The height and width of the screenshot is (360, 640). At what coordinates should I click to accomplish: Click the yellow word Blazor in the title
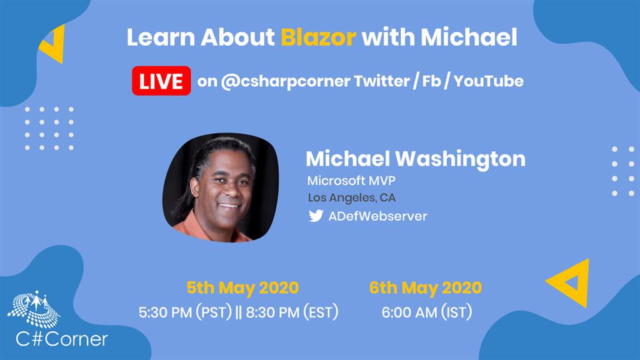click(318, 37)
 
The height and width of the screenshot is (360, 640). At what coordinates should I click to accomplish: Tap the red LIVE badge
click(161, 81)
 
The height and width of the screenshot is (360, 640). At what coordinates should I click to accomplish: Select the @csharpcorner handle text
click(285, 81)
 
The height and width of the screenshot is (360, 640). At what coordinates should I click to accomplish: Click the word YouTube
click(489, 81)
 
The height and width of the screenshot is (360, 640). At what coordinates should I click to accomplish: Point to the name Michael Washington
click(416, 159)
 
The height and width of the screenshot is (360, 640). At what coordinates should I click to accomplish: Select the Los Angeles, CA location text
click(351, 198)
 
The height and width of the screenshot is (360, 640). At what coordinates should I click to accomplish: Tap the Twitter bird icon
click(316, 216)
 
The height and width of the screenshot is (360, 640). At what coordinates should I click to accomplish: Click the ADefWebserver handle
click(377, 216)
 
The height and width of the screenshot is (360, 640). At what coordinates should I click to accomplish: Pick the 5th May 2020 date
click(242, 288)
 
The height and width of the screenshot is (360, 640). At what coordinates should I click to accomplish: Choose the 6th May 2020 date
click(425, 288)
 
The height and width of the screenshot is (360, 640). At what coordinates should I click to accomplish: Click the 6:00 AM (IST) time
click(426, 312)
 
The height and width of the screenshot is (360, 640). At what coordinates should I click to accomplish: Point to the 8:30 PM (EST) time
click(292, 312)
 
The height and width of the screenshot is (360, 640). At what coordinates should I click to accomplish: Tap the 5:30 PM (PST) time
click(185, 312)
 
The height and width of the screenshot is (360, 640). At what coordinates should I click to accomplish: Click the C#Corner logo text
click(62, 339)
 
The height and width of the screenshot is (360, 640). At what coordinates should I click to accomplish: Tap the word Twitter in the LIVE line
click(382, 81)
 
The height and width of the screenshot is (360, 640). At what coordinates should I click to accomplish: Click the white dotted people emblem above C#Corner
click(34, 309)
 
